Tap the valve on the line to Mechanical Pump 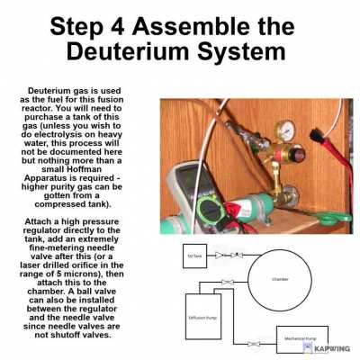pos(258,343)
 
